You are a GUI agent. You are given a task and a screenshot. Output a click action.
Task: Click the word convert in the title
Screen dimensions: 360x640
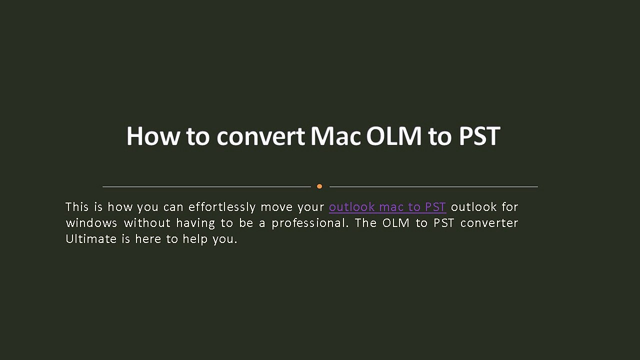pyautogui.click(x=260, y=136)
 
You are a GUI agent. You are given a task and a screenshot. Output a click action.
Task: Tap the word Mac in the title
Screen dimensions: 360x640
pyautogui.click(x=335, y=136)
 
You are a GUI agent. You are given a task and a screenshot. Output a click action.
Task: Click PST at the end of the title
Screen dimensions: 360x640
pyautogui.click(x=479, y=136)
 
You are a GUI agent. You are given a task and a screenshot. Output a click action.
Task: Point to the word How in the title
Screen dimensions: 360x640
pyautogui.click(x=152, y=136)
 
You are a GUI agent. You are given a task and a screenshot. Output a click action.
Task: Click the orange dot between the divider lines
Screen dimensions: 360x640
pyautogui.click(x=319, y=186)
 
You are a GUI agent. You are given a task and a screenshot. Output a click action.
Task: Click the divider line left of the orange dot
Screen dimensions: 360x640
pyautogui.click(x=206, y=186)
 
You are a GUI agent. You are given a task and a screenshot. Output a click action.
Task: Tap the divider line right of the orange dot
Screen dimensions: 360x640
pyautogui.click(x=433, y=186)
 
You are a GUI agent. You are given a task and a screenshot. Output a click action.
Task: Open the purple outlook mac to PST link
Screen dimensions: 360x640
pyautogui.click(x=387, y=207)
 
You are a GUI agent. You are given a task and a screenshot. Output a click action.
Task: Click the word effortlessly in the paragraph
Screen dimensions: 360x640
pyautogui.click(x=221, y=207)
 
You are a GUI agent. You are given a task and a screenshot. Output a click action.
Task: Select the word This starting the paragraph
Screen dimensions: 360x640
pyautogui.click(x=76, y=207)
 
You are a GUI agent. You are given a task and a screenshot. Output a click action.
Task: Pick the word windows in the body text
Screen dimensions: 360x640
pyautogui.click(x=91, y=223)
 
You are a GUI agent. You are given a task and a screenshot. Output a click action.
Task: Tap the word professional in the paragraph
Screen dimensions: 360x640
pyautogui.click(x=308, y=223)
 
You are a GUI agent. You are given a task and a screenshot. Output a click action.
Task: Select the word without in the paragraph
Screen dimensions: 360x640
pyautogui.click(x=147, y=223)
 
